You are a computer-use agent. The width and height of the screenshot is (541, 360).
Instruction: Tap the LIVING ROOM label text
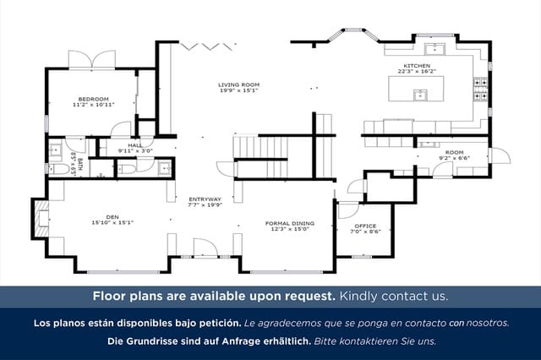[x=238, y=85]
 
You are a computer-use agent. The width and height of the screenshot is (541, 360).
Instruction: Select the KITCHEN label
[x=417, y=65]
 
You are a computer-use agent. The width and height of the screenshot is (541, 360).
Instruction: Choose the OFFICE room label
[x=365, y=226]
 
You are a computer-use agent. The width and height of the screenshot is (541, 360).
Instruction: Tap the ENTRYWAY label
[x=205, y=199]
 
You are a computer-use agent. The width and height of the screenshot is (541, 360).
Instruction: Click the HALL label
[x=135, y=145]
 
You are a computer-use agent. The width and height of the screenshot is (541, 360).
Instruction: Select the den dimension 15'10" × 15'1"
[x=112, y=222]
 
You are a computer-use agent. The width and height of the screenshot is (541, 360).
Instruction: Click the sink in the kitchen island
[x=419, y=94]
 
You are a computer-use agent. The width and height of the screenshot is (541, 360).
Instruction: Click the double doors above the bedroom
[x=91, y=60]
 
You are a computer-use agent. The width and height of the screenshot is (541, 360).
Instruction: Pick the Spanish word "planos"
[x=90, y=323]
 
